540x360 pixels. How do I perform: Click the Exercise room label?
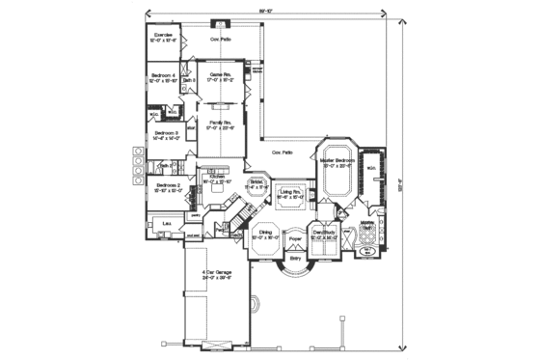pyautogui.click(x=164, y=36)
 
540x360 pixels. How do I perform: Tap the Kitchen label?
pyautogui.click(x=218, y=176)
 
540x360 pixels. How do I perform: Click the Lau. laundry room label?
pyautogui.click(x=167, y=224)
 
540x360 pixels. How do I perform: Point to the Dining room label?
pyautogui.click(x=262, y=233)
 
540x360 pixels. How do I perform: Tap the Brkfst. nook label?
pyautogui.click(x=258, y=180)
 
